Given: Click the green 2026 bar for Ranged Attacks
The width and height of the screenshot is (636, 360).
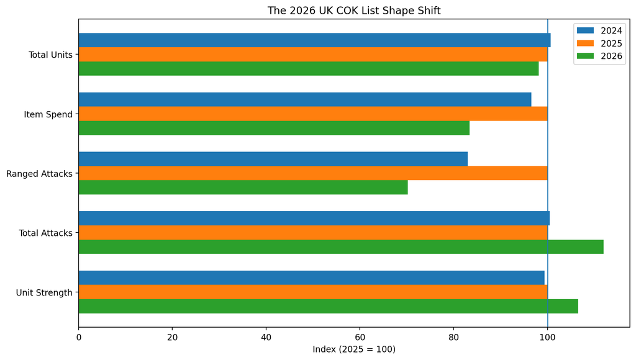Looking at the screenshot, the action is pos(243,187).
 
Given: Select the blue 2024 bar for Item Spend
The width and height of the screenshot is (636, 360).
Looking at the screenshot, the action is pos(305,99).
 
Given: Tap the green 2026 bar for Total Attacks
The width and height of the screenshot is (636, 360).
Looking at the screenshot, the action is pos(341,247).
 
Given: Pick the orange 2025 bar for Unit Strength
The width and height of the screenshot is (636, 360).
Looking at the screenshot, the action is pos(313,292).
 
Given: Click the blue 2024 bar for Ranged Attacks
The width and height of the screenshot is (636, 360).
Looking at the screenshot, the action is pos(273,159).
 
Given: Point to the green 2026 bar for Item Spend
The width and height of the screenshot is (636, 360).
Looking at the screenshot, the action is pos(274,128).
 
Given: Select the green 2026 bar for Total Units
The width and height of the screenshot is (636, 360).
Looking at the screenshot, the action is pos(309,68).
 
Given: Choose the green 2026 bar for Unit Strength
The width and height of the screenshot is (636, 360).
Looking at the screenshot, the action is pos(328,306).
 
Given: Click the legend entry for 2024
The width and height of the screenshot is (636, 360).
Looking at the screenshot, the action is pos(599,31).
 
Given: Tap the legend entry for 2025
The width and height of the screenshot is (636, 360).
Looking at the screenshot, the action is pos(599,43).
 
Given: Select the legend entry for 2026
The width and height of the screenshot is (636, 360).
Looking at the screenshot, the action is pos(599,56).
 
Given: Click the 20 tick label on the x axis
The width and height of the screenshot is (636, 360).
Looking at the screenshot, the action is pos(173,337).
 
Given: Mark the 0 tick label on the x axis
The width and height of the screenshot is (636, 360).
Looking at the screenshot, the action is pos(79,337).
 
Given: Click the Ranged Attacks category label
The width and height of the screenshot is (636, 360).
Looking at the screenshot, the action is pos(39,174).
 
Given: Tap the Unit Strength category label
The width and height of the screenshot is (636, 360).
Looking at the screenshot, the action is pos(44,293).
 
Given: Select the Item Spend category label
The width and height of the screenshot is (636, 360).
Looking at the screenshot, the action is pos(48,114).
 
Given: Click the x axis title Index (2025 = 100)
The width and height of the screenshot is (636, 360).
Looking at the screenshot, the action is pos(354,349).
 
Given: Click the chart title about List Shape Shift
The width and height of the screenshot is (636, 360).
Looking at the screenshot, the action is pos(353,11).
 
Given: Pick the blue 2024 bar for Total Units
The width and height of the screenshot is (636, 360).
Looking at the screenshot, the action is pos(314,40).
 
